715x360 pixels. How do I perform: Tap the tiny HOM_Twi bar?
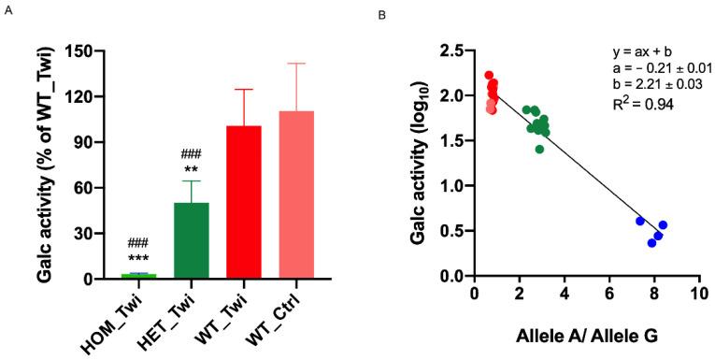pos(138,276)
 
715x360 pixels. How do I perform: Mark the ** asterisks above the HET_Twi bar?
pos(191,169)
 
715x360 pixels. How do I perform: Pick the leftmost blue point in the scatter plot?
pos(640,221)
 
